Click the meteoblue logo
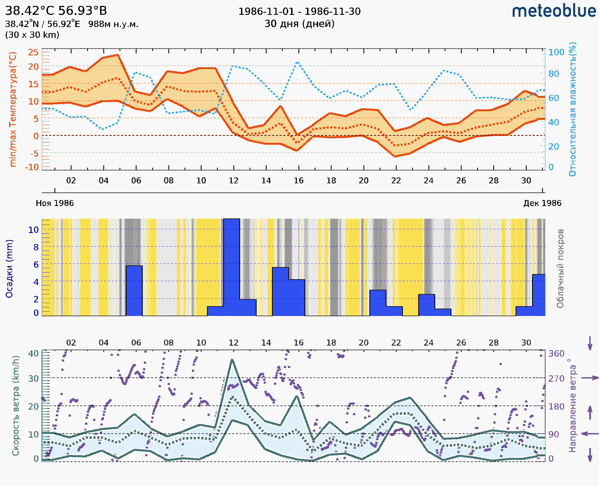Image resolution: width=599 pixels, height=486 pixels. (x=554, y=11)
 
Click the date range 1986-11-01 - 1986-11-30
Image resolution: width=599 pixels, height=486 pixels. (x=299, y=12)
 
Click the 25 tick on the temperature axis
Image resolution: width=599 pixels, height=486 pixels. (x=33, y=52)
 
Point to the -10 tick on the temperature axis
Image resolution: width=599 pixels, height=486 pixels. (x=32, y=167)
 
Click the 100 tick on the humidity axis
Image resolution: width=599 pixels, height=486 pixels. (x=556, y=52)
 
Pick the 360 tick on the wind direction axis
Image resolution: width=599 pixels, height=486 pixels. (x=556, y=353)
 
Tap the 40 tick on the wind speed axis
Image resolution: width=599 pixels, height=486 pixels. (x=33, y=353)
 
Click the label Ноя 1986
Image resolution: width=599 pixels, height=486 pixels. (x=55, y=203)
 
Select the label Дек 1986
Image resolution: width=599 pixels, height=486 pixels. (x=542, y=203)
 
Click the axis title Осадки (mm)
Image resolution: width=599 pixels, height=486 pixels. (x=9, y=269)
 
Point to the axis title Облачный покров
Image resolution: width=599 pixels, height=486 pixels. (x=560, y=269)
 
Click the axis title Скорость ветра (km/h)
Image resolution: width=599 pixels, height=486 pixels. (x=16, y=406)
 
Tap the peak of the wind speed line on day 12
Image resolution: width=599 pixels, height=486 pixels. (x=232, y=360)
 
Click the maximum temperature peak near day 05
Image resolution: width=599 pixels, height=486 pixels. (x=118, y=55)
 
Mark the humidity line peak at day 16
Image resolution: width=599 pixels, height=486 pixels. (x=298, y=62)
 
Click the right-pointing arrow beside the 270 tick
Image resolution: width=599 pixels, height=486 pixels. (x=590, y=378)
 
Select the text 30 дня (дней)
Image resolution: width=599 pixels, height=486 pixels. (x=299, y=24)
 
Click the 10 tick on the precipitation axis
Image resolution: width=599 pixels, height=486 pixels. (x=33, y=230)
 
